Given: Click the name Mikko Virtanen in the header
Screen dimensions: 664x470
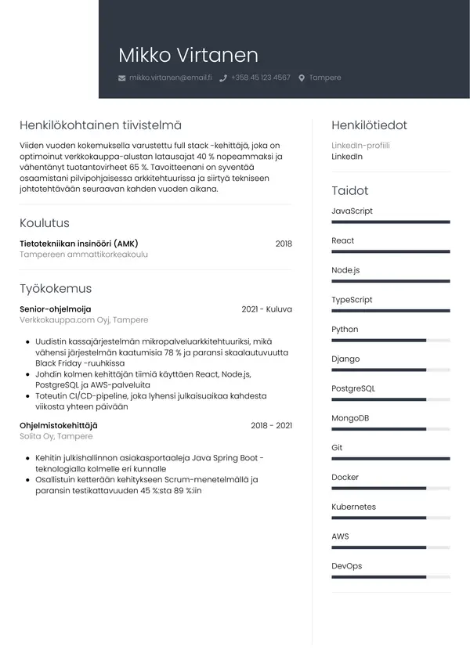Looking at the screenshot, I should point(188,55).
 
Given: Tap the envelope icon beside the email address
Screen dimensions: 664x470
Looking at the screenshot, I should point(121,78).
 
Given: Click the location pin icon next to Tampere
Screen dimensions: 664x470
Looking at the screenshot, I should point(302,78).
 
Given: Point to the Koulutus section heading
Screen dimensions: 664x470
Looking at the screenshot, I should point(45,223).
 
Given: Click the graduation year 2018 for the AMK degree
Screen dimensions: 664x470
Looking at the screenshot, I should point(284,244).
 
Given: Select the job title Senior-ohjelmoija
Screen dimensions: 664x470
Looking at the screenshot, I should point(56,309).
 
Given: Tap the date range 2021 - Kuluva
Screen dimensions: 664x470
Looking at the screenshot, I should point(266,309).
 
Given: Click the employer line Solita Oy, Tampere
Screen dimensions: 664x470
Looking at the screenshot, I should point(56,436).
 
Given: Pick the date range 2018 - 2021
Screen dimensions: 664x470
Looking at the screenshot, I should point(271,425).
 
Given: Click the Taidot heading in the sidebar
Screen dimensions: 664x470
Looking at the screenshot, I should point(349,190).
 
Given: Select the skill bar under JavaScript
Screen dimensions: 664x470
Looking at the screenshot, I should point(390,222).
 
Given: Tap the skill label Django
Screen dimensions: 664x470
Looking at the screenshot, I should point(345,359).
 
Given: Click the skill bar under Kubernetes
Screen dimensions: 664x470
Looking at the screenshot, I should point(390,518).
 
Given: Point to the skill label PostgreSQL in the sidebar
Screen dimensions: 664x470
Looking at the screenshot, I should point(353,388).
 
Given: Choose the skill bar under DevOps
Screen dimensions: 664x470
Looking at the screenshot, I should point(390,577).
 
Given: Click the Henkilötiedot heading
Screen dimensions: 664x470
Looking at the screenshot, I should point(369,125).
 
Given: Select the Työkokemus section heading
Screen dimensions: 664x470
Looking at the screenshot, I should point(56,288).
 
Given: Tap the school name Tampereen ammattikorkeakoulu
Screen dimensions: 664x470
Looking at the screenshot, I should point(84,254).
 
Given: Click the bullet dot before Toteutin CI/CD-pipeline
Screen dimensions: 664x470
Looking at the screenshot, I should point(28,397).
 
